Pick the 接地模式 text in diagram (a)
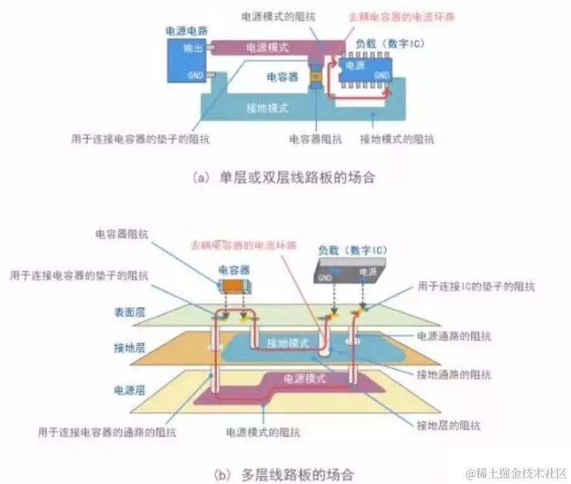267,108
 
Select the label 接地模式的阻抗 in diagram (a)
397,139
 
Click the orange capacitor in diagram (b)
233,286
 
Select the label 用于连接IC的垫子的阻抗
476,287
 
